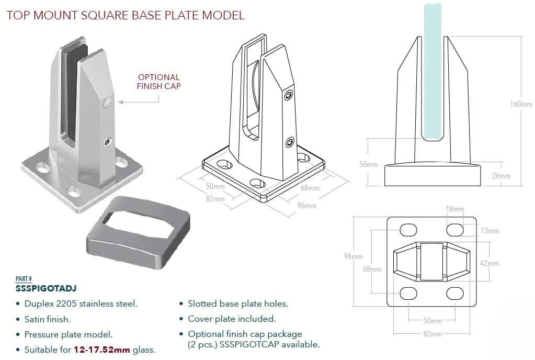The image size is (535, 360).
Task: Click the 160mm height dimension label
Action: pyautogui.click(x=520, y=104)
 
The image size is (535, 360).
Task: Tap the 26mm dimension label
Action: pyautogui.click(x=501, y=176)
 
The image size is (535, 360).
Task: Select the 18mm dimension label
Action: pyautogui.click(x=454, y=209)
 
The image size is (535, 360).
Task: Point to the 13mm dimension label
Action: pyautogui.click(x=490, y=231)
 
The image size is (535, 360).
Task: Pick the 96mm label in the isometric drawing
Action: pyautogui.click(x=306, y=206)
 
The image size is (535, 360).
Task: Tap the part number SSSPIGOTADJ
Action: pyautogui.click(x=47, y=288)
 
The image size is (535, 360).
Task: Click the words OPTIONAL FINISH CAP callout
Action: pyautogui.click(x=158, y=82)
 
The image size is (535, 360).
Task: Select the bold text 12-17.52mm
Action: pyautogui.click(x=101, y=350)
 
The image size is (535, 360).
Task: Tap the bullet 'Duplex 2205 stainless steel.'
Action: pyautogui.click(x=81, y=303)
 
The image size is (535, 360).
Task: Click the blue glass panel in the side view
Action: pyautogui.click(x=433, y=73)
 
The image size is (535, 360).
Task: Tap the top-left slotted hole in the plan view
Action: pyautogui.click(x=408, y=230)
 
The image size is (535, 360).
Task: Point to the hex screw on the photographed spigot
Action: pyautogui.click(x=107, y=141)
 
